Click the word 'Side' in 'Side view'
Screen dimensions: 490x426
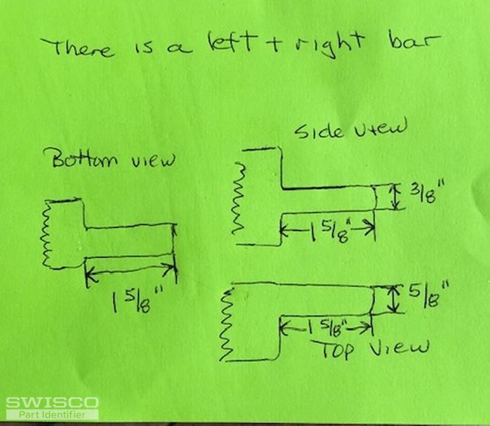(x=318, y=131)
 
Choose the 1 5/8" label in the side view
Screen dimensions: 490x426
(x=329, y=231)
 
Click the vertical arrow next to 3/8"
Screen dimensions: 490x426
(x=396, y=197)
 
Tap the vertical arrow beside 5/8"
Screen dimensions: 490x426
(x=394, y=299)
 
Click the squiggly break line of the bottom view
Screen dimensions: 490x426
(x=47, y=234)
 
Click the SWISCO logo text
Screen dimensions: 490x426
(x=52, y=403)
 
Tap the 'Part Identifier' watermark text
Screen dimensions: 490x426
(x=52, y=415)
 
